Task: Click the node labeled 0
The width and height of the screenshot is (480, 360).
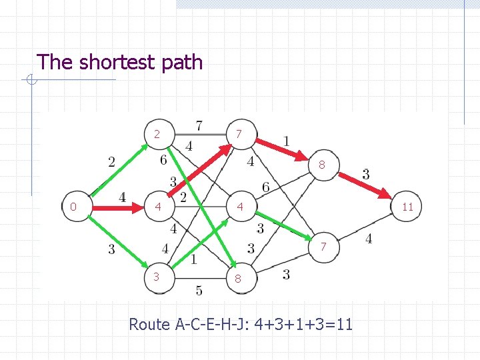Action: pos(73,207)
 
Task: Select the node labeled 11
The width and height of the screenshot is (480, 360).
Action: pos(407,207)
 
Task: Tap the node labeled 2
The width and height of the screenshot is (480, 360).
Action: pos(157,135)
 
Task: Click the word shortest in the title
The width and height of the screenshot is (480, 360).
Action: pos(115,63)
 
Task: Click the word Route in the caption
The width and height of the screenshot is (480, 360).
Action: pos(149,324)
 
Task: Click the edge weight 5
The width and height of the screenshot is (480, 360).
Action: pos(199,290)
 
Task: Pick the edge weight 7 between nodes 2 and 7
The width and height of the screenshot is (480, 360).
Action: pos(199,125)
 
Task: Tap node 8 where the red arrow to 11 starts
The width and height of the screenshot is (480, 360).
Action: pos(321,164)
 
